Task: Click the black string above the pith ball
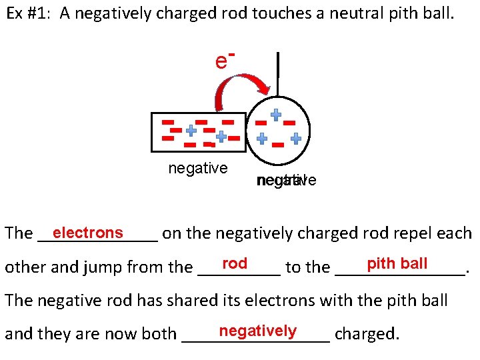pos(277,74)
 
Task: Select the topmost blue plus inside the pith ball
pos(275,114)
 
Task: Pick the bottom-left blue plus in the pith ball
pos(263,138)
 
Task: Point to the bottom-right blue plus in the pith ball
pos(296,139)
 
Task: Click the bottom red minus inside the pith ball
pos(278,144)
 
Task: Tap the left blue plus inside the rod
pos(191,130)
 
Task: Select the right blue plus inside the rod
pos(221,135)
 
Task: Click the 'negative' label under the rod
pos(198,169)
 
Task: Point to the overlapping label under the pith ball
pos(286,180)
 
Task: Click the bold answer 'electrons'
pos(88,233)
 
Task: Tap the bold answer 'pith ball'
pos(397,263)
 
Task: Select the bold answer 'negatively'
pos(257,331)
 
